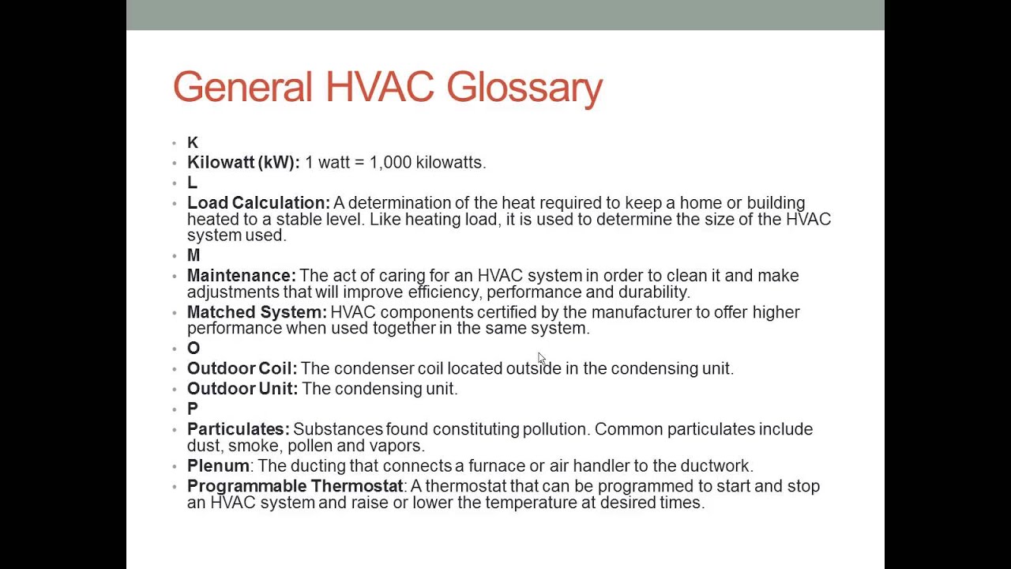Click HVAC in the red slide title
pyautogui.click(x=379, y=87)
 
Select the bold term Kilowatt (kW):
pyautogui.click(x=243, y=162)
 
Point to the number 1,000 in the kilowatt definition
pyautogui.click(x=390, y=162)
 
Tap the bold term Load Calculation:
pyautogui.click(x=258, y=203)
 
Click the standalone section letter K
pyautogui.click(x=193, y=142)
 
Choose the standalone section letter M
pyautogui.click(x=194, y=255)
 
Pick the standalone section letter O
pyautogui.click(x=194, y=349)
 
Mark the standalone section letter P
pyautogui.click(x=192, y=409)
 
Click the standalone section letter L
pyautogui.click(x=192, y=183)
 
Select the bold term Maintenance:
pyautogui.click(x=241, y=276)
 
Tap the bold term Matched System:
pyautogui.click(x=256, y=312)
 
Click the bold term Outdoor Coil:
pyautogui.click(x=242, y=368)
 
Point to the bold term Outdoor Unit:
pyautogui.click(x=242, y=389)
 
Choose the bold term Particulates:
pyautogui.click(x=238, y=429)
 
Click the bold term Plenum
pyautogui.click(x=218, y=466)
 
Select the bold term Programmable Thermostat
pyautogui.click(x=295, y=486)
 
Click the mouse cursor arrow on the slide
pyautogui.click(x=541, y=359)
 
